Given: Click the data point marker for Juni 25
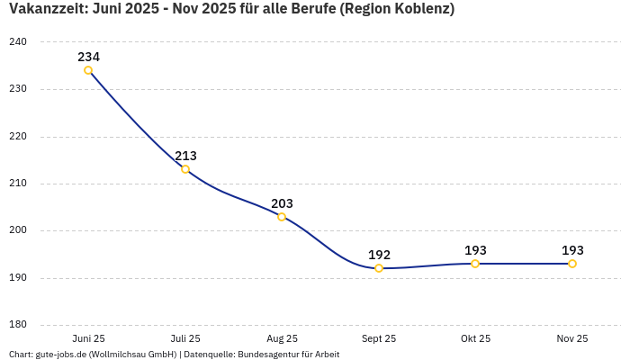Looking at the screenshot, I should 88,70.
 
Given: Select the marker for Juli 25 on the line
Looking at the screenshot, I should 185,169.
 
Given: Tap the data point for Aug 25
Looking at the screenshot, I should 282,217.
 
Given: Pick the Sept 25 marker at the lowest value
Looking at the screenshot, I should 379,268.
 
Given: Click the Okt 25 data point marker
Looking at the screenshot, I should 475,264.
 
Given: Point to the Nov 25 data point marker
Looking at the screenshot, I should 572,264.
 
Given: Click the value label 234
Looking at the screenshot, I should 88,57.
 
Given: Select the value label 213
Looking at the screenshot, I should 185,156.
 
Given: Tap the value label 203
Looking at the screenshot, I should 282,203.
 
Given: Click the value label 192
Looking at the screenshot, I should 379,255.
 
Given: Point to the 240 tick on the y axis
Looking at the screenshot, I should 18,42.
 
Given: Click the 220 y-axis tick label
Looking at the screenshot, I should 18,137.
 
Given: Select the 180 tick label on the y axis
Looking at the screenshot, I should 18,325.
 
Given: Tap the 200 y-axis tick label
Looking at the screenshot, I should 18,230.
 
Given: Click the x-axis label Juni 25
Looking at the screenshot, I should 88,338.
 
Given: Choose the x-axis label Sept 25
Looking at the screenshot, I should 379,338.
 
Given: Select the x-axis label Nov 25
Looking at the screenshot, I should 572,338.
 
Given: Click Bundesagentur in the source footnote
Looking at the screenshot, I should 269,355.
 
